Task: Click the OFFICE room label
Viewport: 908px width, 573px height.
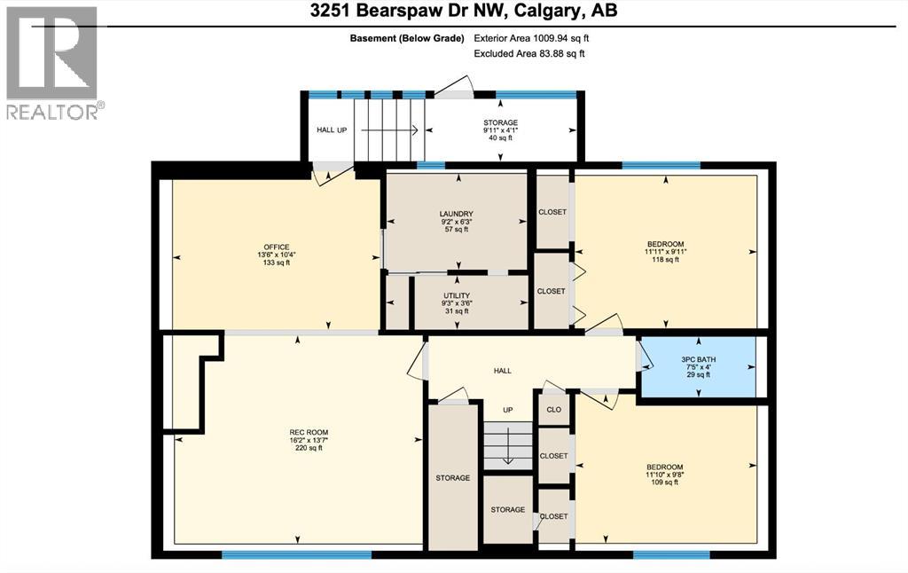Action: [x=276, y=247]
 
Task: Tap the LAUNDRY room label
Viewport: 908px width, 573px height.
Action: [x=456, y=214]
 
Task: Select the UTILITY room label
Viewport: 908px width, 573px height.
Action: [x=458, y=295]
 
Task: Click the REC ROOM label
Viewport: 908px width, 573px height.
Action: [x=297, y=432]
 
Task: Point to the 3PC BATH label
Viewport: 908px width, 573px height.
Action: [x=698, y=360]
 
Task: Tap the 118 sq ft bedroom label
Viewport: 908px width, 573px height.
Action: [x=665, y=243]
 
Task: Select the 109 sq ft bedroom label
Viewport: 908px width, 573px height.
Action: [x=665, y=467]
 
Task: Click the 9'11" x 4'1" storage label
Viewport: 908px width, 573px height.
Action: [x=500, y=122]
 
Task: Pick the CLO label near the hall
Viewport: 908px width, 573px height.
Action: [x=553, y=411]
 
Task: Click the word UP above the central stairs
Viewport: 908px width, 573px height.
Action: [x=508, y=410]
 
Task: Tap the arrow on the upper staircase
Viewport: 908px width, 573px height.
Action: [x=388, y=130]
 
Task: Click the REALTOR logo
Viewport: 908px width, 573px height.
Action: [x=52, y=62]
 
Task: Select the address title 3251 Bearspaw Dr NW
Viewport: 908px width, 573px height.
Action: [x=454, y=12]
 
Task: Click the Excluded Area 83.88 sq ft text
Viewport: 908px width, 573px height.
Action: [x=529, y=53]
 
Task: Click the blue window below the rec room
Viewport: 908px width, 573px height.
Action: [x=296, y=555]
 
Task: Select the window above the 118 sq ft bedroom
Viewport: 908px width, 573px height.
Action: [x=661, y=165]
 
